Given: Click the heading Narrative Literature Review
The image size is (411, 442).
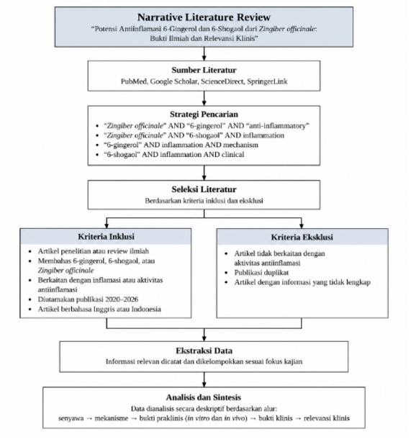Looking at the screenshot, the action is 204,17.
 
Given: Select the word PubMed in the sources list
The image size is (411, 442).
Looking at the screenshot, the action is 134,81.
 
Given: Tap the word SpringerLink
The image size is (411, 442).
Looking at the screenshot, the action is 267,81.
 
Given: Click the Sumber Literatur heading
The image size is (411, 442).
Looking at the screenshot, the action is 204,70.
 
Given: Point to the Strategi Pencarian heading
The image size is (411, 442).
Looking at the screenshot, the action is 204,114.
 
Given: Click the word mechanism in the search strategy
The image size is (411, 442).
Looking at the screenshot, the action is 240,145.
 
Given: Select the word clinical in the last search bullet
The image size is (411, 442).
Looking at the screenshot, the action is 232,155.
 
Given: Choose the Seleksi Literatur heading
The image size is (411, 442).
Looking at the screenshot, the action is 204,189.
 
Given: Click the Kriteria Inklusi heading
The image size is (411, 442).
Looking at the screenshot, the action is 106,237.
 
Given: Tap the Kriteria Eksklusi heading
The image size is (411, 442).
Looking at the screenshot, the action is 302,237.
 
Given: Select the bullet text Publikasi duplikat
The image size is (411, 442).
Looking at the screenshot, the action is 261,273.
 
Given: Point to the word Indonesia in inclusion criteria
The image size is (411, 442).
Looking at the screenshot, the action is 146,309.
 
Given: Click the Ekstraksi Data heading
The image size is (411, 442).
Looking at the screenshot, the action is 204,351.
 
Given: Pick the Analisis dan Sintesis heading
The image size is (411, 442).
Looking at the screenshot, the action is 204,397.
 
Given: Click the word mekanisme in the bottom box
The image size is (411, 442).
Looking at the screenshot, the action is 111,418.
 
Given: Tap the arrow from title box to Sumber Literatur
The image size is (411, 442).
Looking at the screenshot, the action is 204,54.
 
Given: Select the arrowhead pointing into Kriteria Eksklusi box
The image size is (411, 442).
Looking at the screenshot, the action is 302,226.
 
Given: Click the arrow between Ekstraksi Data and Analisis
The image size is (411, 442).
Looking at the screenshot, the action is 204,379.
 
